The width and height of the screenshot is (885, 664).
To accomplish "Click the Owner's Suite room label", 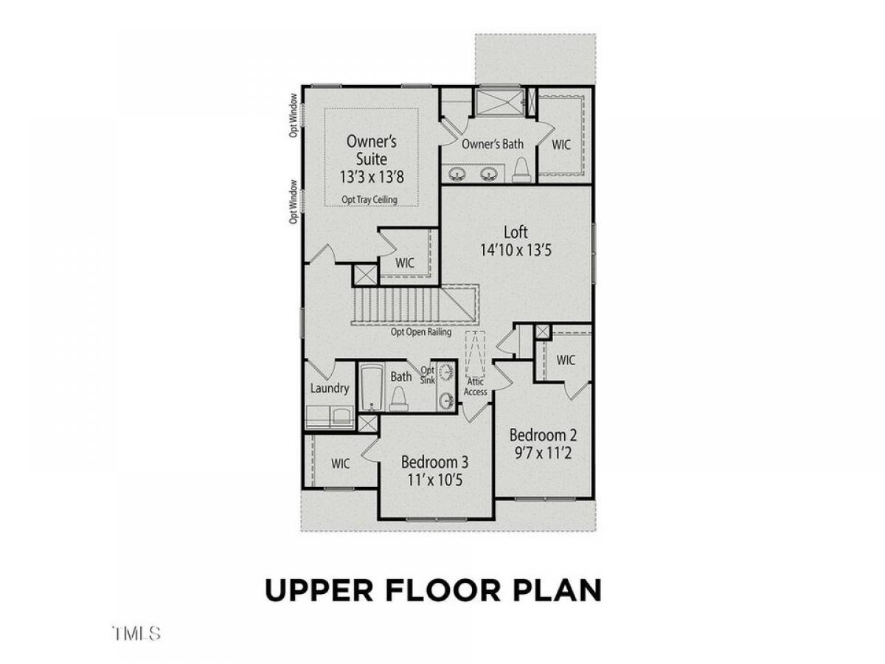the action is (x=371, y=150).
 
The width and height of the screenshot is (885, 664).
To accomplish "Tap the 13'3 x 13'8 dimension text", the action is (x=372, y=177).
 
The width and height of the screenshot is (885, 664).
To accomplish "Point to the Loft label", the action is (x=516, y=232).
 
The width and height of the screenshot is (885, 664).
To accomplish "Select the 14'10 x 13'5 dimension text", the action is (x=516, y=250).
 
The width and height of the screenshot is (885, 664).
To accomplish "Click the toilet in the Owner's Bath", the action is (x=521, y=170).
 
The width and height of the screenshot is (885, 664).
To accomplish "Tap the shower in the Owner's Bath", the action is (x=499, y=103).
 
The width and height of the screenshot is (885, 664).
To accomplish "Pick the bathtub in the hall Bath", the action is (x=371, y=387).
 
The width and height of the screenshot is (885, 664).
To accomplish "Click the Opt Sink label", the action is (x=427, y=375).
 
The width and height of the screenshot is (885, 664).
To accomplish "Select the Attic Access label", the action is (x=475, y=387).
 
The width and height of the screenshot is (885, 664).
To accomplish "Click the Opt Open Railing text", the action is (x=420, y=332).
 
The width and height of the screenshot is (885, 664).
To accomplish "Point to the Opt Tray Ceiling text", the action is (x=369, y=199).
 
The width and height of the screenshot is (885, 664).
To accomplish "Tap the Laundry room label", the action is (x=330, y=389).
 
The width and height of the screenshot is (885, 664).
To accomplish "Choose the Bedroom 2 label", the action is (x=543, y=435).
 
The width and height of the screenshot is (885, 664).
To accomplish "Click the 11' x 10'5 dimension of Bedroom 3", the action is (x=434, y=480).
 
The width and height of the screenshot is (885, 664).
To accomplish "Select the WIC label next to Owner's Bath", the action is (x=560, y=145).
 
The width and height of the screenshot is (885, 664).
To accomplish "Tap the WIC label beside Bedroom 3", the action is (x=340, y=463).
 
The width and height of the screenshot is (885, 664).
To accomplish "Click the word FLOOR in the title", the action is (x=442, y=590).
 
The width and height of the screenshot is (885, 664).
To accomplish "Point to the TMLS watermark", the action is (x=136, y=633).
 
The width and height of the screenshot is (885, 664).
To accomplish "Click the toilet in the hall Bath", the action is (x=399, y=398).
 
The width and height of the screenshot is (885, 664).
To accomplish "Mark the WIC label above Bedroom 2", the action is (x=565, y=360).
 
